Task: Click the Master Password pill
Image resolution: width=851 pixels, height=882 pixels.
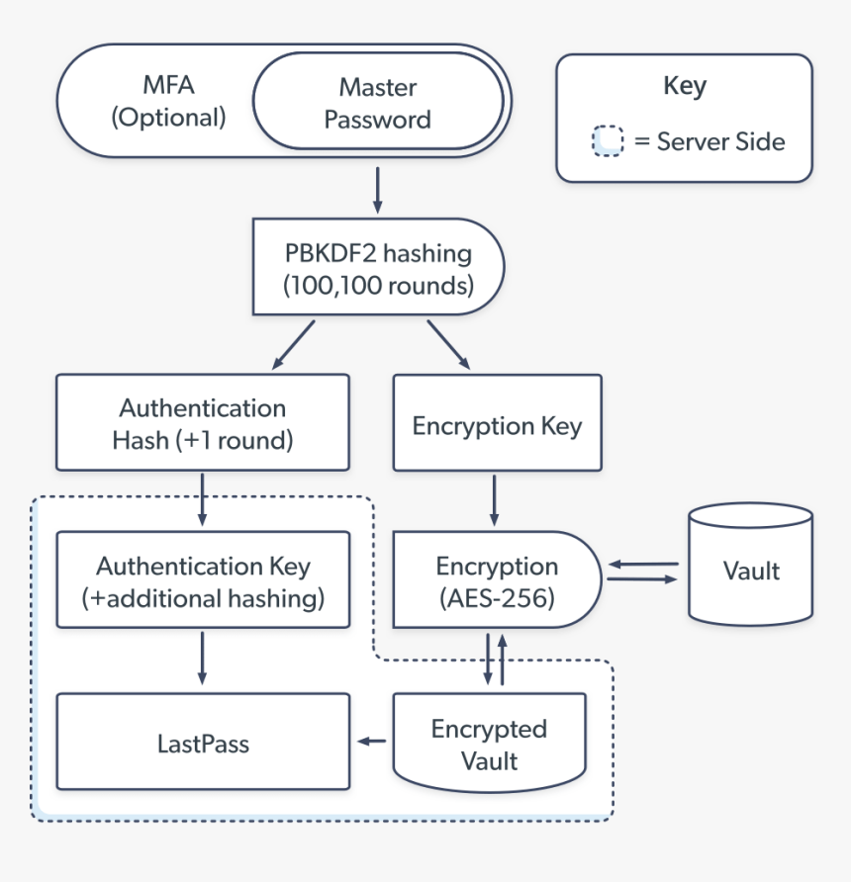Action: pyautogui.click(x=378, y=103)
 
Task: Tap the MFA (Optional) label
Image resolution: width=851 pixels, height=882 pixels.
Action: pyautogui.click(x=168, y=103)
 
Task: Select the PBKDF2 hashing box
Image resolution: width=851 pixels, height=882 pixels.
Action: pyautogui.click(x=379, y=268)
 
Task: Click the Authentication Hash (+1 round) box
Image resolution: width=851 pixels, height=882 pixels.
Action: pyautogui.click(x=203, y=422)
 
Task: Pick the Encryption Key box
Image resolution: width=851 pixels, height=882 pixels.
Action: pyautogui.click(x=497, y=426)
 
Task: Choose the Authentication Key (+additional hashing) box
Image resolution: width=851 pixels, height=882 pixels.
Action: pyautogui.click(x=203, y=580)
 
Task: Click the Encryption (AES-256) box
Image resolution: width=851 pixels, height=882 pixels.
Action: pyautogui.click(x=497, y=580)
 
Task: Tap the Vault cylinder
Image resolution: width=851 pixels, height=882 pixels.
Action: pyautogui.click(x=751, y=570)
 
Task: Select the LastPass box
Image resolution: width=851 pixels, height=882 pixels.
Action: pyautogui.click(x=203, y=742)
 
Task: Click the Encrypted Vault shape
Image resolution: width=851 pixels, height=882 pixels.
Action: pyautogui.click(x=489, y=744)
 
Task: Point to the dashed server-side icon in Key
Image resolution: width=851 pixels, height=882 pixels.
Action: pyautogui.click(x=608, y=141)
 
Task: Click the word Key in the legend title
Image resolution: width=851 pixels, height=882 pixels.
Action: pyautogui.click(x=684, y=86)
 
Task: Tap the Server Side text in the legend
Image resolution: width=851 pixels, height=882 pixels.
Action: pyautogui.click(x=720, y=141)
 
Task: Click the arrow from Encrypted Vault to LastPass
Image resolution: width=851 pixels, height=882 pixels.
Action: pyautogui.click(x=372, y=741)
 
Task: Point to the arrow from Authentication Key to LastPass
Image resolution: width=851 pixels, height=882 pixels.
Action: pyautogui.click(x=202, y=658)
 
